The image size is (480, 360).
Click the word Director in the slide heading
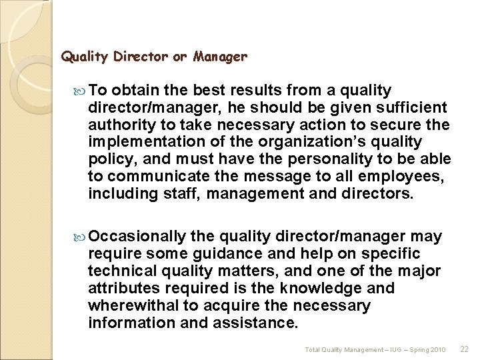(x=141, y=57)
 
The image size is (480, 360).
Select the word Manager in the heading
(x=220, y=58)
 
